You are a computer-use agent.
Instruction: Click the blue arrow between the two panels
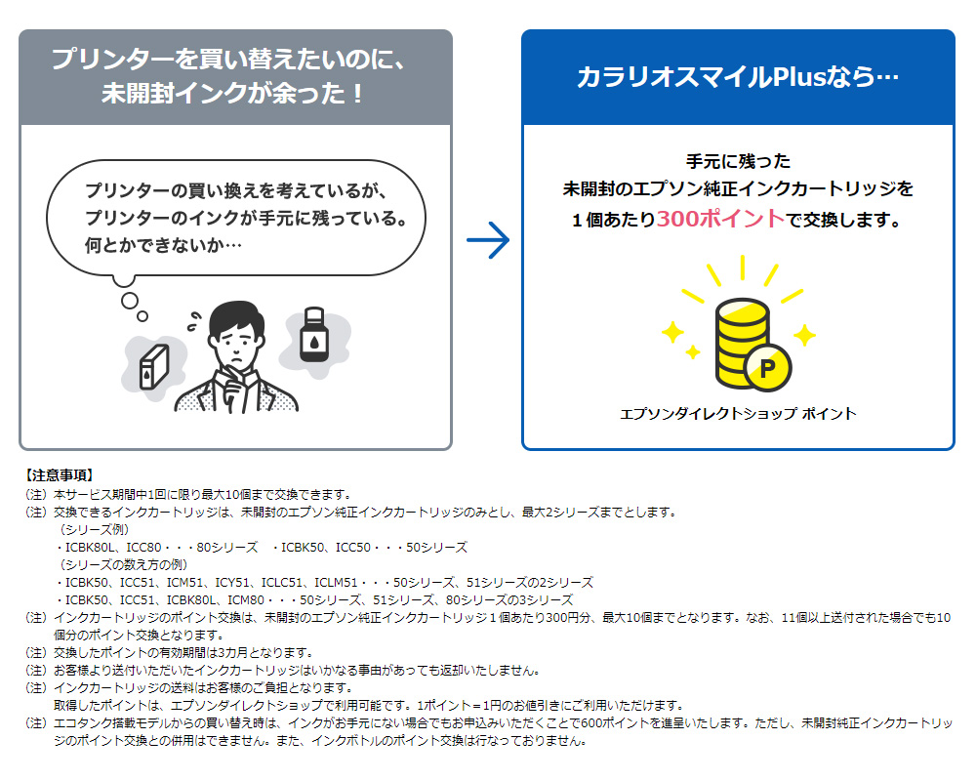[488, 240]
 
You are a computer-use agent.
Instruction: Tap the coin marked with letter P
[766, 368]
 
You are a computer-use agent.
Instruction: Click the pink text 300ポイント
[720, 219]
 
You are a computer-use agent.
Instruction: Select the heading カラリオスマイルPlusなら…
[737, 78]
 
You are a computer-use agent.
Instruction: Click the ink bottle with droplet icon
[312, 336]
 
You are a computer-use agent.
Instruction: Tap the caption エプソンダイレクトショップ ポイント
[738, 414]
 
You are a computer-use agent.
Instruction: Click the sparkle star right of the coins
[803, 336]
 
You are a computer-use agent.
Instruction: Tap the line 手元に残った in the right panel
[738, 161]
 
